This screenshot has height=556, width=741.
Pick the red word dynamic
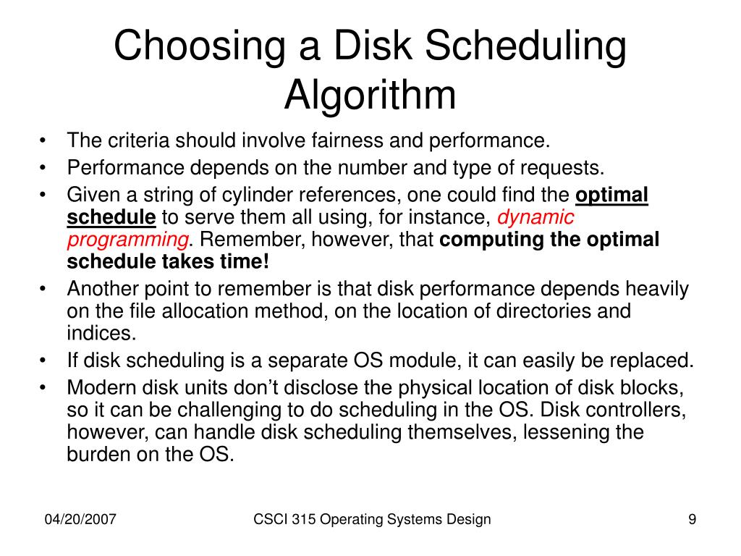coord(536,217)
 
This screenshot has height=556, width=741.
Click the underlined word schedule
coord(111,217)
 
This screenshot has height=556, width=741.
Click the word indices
coord(101,334)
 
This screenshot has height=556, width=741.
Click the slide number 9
coord(692,519)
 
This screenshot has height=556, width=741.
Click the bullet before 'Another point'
coord(45,289)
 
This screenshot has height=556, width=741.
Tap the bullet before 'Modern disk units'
coord(45,388)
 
